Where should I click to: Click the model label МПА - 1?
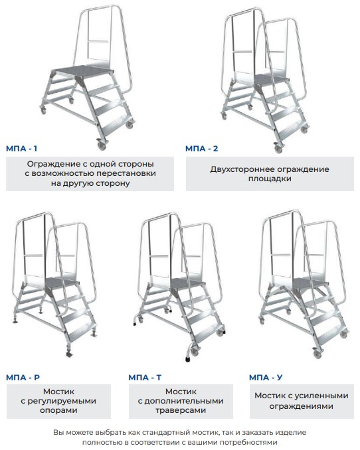click(21, 149)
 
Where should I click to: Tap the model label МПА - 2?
click(202, 149)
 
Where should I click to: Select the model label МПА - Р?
click(23, 378)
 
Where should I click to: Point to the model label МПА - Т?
click(145, 378)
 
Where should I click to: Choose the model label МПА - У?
click(266, 378)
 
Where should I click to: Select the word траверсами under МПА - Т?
click(181, 410)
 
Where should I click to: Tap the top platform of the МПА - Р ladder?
click(62, 282)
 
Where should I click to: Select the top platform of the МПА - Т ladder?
click(187, 283)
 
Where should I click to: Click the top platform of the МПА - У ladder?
click(310, 283)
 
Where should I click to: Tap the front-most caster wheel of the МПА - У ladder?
click(317, 354)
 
